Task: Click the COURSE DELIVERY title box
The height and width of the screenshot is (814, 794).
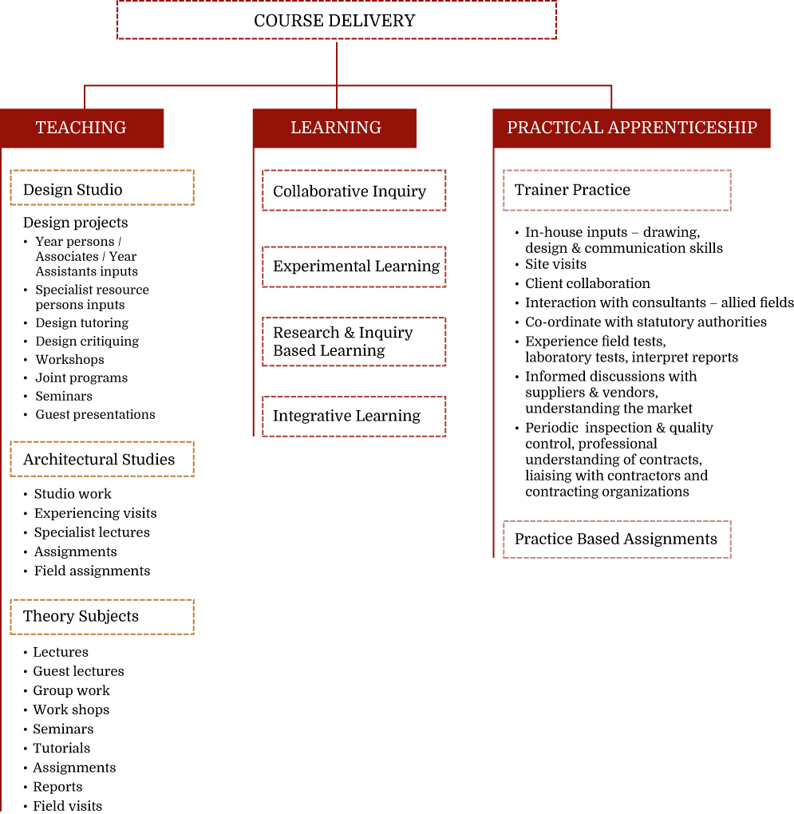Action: (336, 20)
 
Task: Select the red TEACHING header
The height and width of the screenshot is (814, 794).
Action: (82, 128)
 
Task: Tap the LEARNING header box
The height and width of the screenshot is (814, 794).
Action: (334, 128)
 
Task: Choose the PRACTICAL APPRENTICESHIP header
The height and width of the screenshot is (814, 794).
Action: (631, 128)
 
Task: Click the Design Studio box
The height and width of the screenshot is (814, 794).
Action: (102, 188)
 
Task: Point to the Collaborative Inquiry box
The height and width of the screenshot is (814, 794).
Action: (354, 190)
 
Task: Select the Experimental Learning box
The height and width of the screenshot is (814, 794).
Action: (354, 267)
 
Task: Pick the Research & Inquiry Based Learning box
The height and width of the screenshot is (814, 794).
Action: (354, 342)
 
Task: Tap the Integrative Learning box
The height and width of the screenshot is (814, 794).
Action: (354, 417)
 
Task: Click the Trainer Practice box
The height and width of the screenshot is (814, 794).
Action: (617, 190)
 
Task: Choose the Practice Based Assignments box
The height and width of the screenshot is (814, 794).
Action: (617, 539)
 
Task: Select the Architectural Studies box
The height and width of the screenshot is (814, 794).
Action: (102, 459)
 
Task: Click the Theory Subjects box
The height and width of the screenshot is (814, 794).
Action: (102, 617)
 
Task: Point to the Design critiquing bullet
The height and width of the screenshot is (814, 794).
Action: (87, 341)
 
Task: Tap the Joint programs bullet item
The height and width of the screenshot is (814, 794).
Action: (81, 377)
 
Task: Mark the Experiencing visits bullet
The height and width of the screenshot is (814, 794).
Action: (96, 513)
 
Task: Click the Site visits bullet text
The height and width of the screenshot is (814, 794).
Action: (555, 264)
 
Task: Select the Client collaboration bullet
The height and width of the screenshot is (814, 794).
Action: (587, 283)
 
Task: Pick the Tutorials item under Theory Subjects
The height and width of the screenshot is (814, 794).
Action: (61, 748)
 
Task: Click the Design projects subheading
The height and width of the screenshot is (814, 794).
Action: (75, 223)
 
